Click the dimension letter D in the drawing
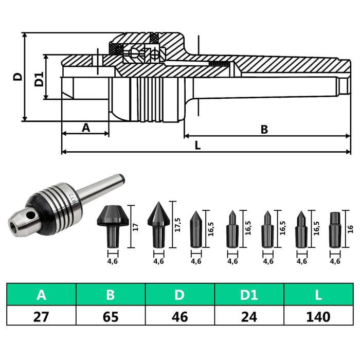coord(17,77)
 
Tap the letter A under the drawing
coord(86,127)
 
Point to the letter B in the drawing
coord(264,130)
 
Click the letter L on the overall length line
coord(198,146)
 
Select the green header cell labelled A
coord(41,295)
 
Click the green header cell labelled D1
coord(249,295)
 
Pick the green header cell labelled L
coord(318,295)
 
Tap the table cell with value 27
coord(41,316)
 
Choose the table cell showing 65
coord(111,316)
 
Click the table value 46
coord(180,316)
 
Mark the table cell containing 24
coord(249,316)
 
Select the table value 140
coord(318,316)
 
